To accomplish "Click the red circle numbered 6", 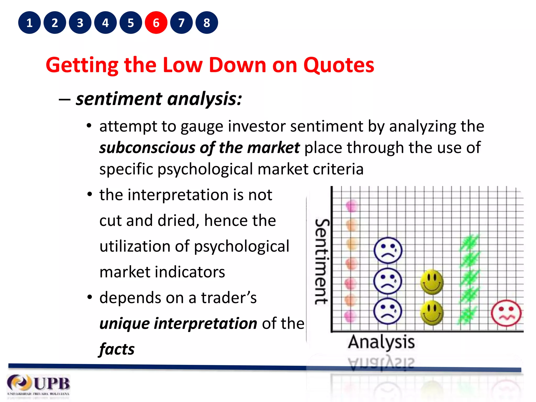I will pyautogui.click(x=156, y=23).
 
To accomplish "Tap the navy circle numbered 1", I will pyautogui.click(x=29, y=23).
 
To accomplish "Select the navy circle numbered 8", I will pyautogui.click(x=207, y=23).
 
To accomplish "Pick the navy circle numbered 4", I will pyautogui.click(x=105, y=23).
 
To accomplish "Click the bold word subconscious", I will pyautogui.click(x=147, y=148).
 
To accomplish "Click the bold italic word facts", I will pyautogui.click(x=117, y=349).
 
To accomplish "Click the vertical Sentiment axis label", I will pyautogui.click(x=322, y=262).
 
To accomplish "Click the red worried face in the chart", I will pyautogui.click(x=506, y=313).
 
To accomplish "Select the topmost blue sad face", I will pyautogui.click(x=388, y=250).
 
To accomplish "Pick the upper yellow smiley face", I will pyautogui.click(x=432, y=282).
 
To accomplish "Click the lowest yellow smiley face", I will pyautogui.click(x=432, y=312).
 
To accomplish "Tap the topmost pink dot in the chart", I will pyautogui.click(x=351, y=206).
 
